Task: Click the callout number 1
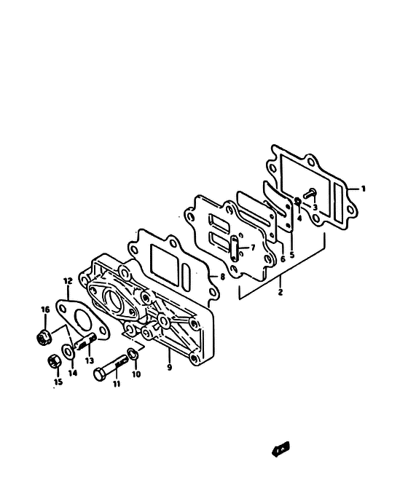(363, 189)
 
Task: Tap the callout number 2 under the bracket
(280, 292)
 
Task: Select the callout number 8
(222, 277)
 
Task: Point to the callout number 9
(170, 367)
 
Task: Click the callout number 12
(68, 281)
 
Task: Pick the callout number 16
(45, 309)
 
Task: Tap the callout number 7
(253, 248)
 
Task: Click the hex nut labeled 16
(44, 337)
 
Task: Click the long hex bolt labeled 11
(111, 368)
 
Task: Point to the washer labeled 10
(133, 354)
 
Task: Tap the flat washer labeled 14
(68, 351)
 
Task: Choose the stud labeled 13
(85, 342)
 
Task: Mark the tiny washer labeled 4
(297, 200)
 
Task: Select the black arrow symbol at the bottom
(280, 449)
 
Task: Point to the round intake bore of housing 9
(113, 301)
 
